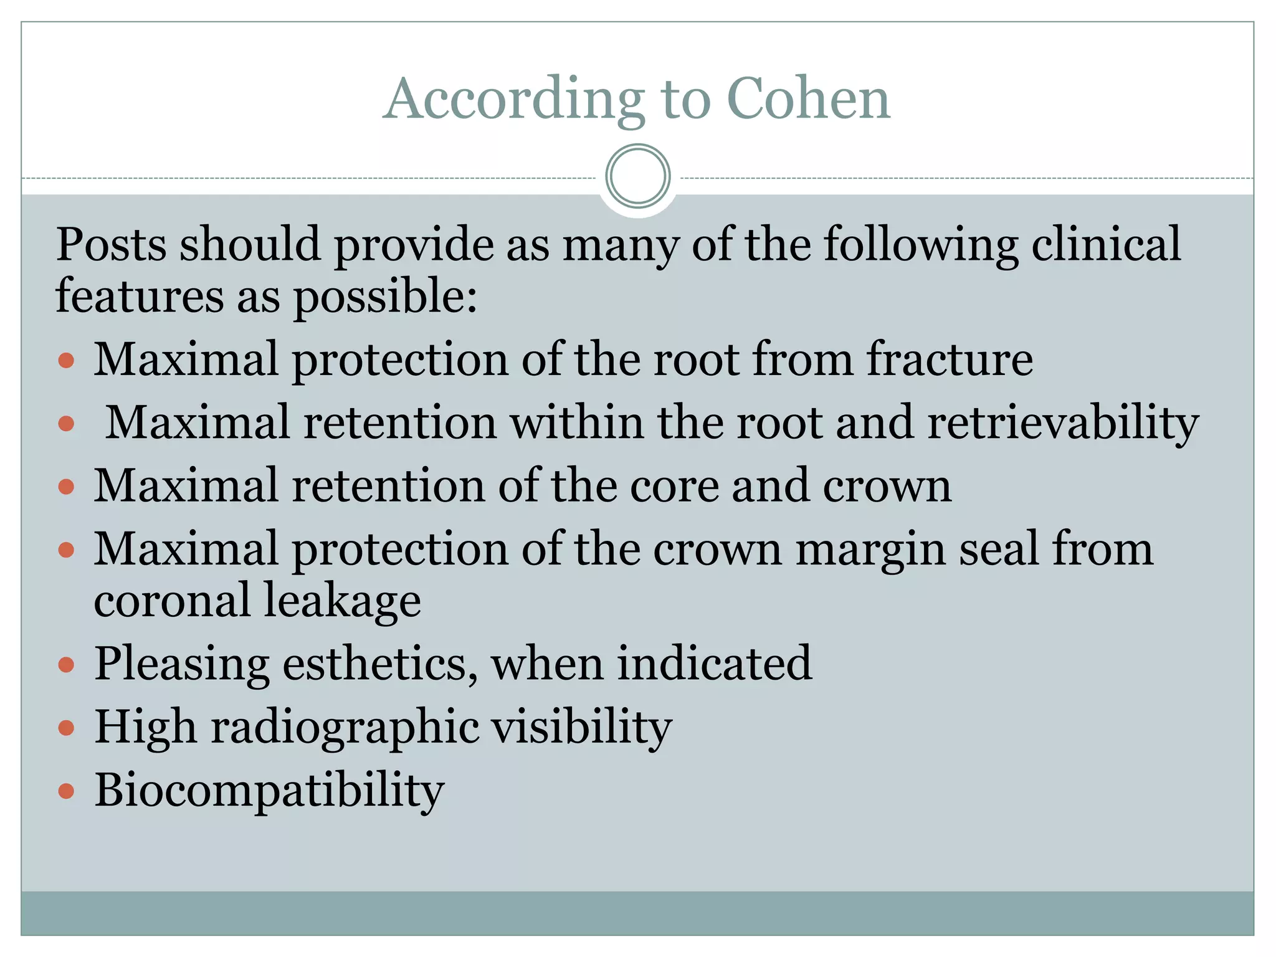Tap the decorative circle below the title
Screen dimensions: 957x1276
point(637,176)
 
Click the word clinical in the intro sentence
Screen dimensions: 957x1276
point(1106,244)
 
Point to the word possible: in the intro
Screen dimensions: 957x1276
point(385,297)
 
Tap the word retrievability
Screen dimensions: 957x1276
point(1063,423)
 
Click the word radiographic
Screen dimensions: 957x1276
point(345,728)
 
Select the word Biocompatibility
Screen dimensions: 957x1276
point(269,791)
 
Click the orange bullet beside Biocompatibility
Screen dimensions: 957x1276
point(66,791)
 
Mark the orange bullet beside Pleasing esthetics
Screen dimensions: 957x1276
point(66,665)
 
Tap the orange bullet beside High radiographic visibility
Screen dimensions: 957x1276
point(66,728)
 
